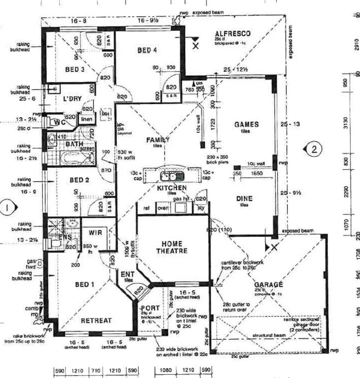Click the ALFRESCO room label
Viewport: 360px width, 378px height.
click(233, 34)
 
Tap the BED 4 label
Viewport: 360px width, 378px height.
click(147, 50)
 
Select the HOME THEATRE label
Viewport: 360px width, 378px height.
click(172, 247)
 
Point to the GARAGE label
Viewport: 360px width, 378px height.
click(269, 285)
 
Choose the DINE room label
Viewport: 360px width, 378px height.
click(244, 199)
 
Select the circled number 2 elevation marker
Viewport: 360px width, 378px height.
click(314, 149)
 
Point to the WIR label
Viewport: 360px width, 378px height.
click(95, 233)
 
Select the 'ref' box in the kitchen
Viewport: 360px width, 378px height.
click(147, 208)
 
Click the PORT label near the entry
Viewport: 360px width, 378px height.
click(150, 308)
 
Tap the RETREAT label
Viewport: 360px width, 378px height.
click(96, 320)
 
